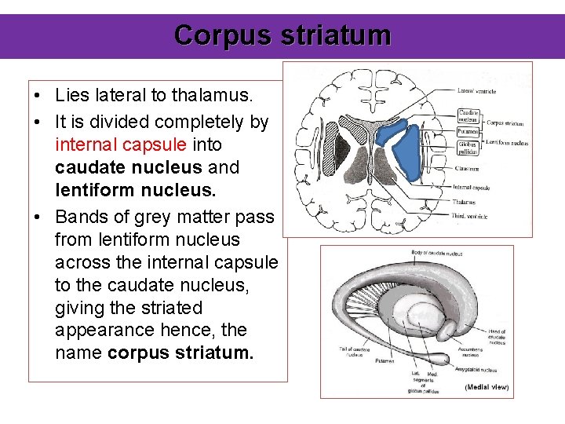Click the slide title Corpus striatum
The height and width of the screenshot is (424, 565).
[282, 35]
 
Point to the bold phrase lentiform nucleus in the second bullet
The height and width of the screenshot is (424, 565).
[148, 190]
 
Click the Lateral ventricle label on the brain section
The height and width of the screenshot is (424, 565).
[478, 91]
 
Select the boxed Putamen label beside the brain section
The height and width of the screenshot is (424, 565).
[468, 131]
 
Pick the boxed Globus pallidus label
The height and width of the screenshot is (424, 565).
[468, 148]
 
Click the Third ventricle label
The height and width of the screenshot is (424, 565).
[470, 216]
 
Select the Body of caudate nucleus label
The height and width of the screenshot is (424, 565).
[436, 253]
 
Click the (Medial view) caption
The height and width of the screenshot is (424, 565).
[487, 386]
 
